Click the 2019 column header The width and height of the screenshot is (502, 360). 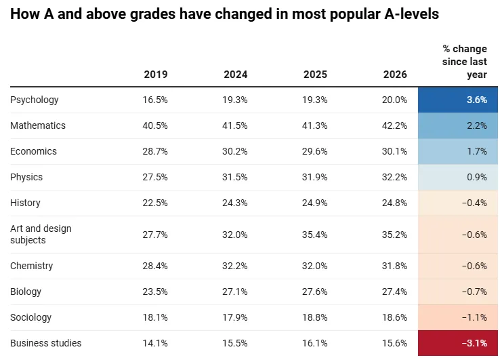pyautogui.click(x=156, y=75)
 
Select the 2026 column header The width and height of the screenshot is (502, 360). pyautogui.click(x=395, y=75)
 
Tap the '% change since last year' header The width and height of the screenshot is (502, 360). pyautogui.click(x=465, y=62)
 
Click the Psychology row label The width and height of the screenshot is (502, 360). pyautogui.click(x=35, y=100)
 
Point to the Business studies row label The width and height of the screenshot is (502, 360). pyautogui.click(x=46, y=343)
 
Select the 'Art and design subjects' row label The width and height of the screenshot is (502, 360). pyautogui.click(x=41, y=234)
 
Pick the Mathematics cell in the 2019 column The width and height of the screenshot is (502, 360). pyautogui.click(x=155, y=125)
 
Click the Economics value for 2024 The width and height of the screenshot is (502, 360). pyautogui.click(x=234, y=151)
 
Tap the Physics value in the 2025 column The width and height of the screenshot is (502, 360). pyautogui.click(x=315, y=177)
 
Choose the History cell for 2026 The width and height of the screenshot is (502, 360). pyautogui.click(x=394, y=203)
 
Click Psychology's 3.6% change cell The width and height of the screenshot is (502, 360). pyautogui.click(x=458, y=100)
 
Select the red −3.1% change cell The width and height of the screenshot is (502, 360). pyautogui.click(x=458, y=343)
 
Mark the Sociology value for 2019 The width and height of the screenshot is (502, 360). pyautogui.click(x=155, y=317)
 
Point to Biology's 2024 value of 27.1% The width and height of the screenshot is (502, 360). pyautogui.click(x=234, y=292)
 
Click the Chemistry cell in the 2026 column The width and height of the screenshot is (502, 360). pyautogui.click(x=394, y=266)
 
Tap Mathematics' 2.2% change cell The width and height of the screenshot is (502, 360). pyautogui.click(x=458, y=125)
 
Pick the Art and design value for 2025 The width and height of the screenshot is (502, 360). pyautogui.click(x=315, y=235)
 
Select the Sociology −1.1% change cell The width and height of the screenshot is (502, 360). pyautogui.click(x=458, y=317)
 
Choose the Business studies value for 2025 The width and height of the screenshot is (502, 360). pyautogui.click(x=315, y=343)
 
